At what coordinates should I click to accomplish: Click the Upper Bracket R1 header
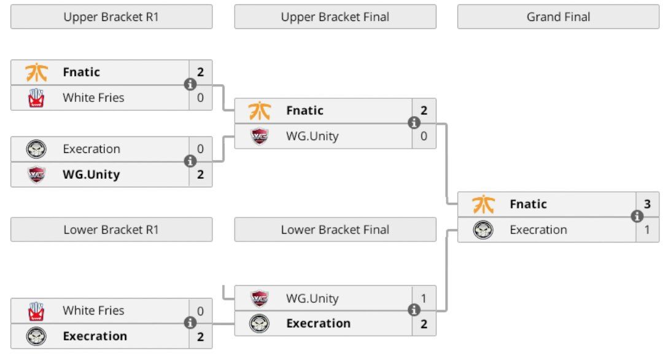pyautogui.click(x=111, y=17)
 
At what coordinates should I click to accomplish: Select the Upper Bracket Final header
pyautogui.click(x=335, y=17)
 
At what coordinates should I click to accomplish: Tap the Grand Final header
pyautogui.click(x=558, y=17)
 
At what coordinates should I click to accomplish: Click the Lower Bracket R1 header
pyautogui.click(x=111, y=230)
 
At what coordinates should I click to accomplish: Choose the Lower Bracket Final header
pyautogui.click(x=335, y=230)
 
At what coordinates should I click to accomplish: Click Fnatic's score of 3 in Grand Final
pyautogui.click(x=647, y=204)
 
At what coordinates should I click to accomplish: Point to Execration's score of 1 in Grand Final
pyautogui.click(x=647, y=230)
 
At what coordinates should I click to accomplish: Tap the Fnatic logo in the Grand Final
pyautogui.click(x=483, y=204)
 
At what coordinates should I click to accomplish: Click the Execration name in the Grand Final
pyautogui.click(x=538, y=230)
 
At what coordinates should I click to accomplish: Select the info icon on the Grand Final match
pyautogui.click(x=637, y=216)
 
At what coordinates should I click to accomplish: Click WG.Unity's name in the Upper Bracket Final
pyautogui.click(x=312, y=136)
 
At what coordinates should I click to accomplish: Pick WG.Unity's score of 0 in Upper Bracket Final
pyautogui.click(x=424, y=136)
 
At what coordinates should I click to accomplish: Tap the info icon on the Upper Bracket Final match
pyautogui.click(x=414, y=123)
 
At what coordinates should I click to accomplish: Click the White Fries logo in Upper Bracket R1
pyautogui.click(x=36, y=98)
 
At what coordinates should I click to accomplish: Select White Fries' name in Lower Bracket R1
pyautogui.click(x=93, y=311)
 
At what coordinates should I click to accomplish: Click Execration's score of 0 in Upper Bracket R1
pyautogui.click(x=200, y=149)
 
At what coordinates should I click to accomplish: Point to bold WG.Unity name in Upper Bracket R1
pyautogui.click(x=91, y=174)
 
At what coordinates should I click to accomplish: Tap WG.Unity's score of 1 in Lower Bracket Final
pyautogui.click(x=424, y=299)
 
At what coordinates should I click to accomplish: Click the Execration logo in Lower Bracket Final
pyautogui.click(x=260, y=324)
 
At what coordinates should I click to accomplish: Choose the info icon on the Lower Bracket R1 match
pyautogui.click(x=190, y=323)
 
